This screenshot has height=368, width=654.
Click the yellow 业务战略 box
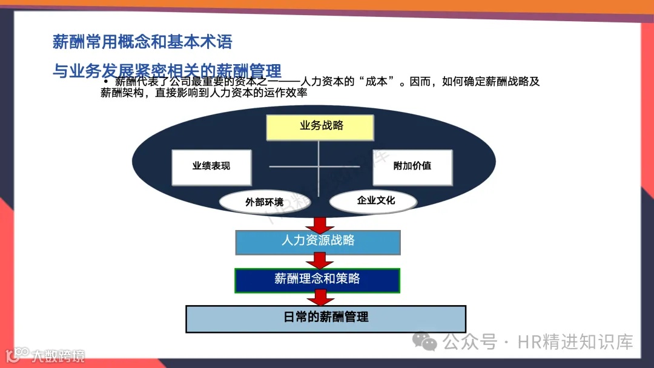[x=320, y=127]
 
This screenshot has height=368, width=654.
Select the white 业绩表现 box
[x=211, y=166]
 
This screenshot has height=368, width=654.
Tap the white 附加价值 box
[x=412, y=166]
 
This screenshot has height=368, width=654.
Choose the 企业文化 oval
[x=373, y=200]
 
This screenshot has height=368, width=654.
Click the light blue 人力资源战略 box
[x=318, y=241]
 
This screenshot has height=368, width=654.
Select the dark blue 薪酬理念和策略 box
[x=318, y=280]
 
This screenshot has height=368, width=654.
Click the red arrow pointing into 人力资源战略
[x=320, y=225]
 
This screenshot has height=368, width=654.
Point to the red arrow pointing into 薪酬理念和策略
[x=320, y=261]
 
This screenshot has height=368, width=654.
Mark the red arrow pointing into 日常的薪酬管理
[x=320, y=298]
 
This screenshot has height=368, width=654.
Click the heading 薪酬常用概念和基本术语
[x=142, y=42]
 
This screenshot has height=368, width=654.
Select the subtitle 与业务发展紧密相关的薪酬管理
[x=167, y=72]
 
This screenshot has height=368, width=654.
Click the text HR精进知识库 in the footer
[x=575, y=342]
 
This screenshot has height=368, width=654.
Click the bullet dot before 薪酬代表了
[x=106, y=82]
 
